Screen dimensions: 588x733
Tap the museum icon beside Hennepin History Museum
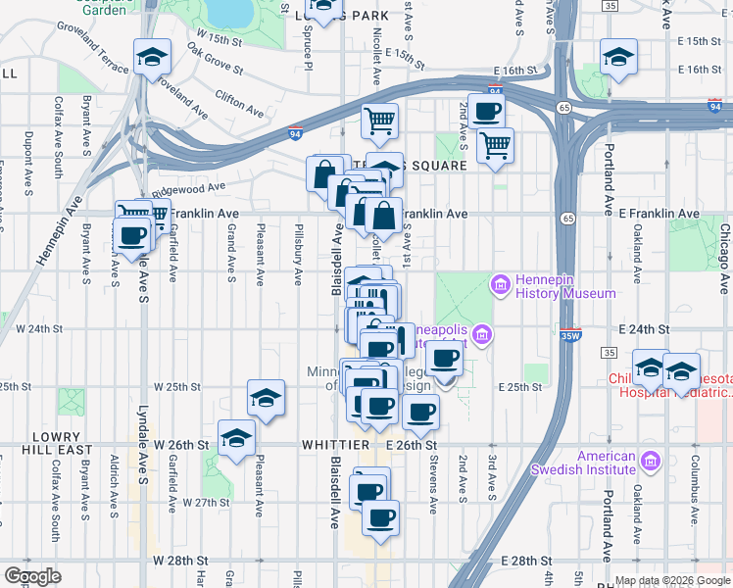[x=500, y=285]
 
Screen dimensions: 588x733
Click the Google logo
[x=33, y=575]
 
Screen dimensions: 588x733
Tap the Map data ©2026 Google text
[x=671, y=580]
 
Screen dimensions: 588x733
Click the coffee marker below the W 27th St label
[x=380, y=517]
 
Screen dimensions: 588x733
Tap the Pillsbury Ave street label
[x=298, y=256]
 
